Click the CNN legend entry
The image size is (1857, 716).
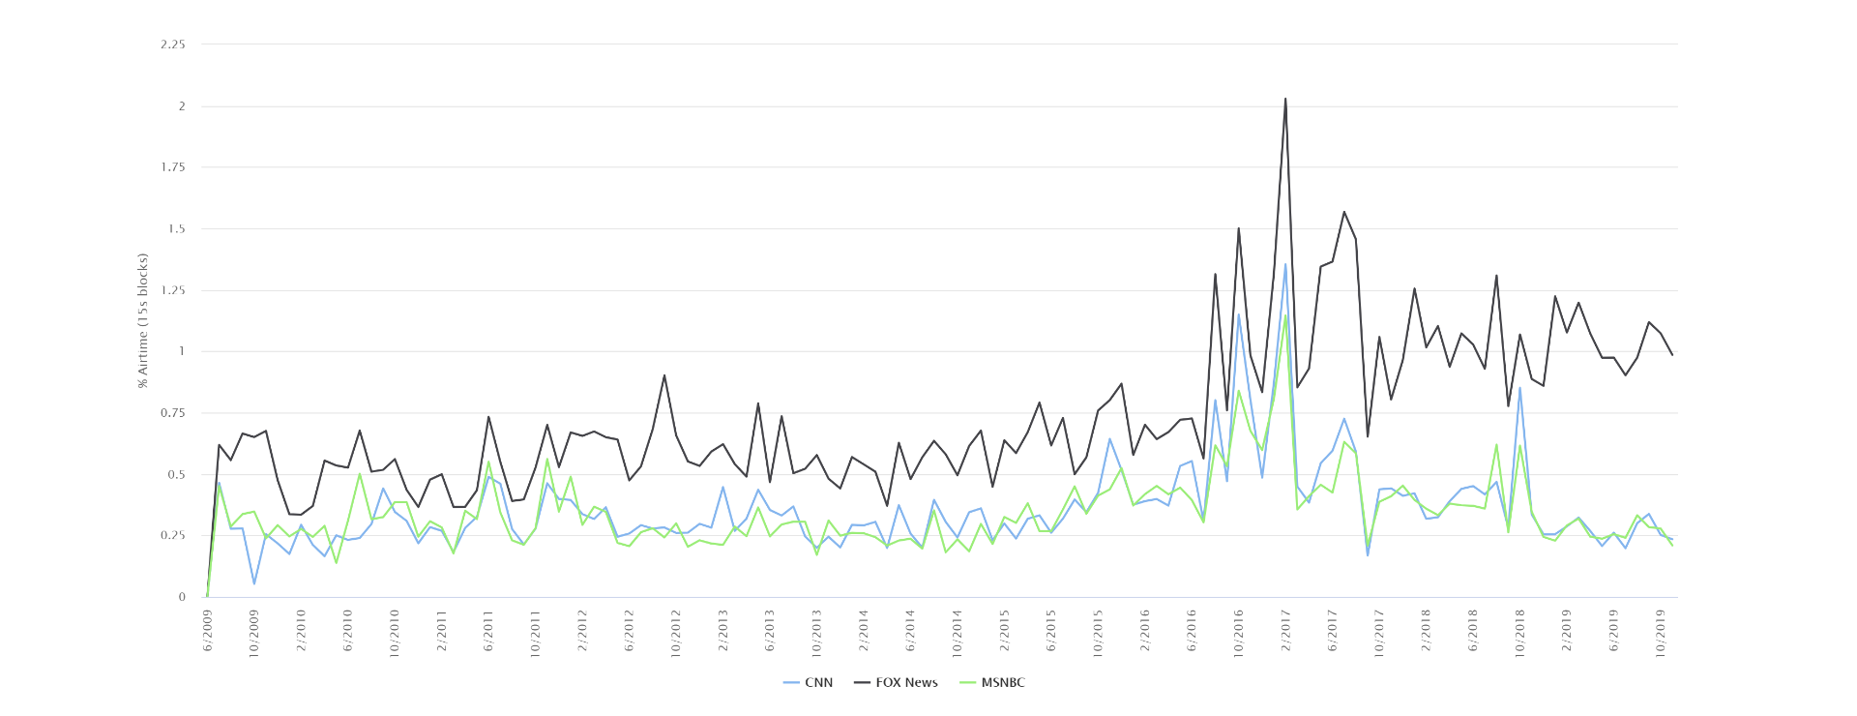pyautogui.click(x=808, y=683)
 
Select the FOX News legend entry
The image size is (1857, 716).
pyautogui.click(x=896, y=683)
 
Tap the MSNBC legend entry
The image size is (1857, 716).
pyautogui.click(x=991, y=683)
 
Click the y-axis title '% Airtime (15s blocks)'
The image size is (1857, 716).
pyautogui.click(x=143, y=320)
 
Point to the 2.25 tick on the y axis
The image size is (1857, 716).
pyautogui.click(x=173, y=45)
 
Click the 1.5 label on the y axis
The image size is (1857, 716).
pyautogui.click(x=176, y=229)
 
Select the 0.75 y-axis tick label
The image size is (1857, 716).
pyautogui.click(x=173, y=413)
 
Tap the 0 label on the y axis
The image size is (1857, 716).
pyautogui.click(x=182, y=597)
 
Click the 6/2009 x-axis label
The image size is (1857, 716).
pyautogui.click(x=208, y=630)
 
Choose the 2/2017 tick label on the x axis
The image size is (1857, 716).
pyautogui.click(x=1285, y=630)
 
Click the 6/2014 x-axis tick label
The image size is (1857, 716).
pyautogui.click(x=910, y=630)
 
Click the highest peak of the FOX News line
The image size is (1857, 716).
pyautogui.click(x=1285, y=98)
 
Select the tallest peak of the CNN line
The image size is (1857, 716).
pyautogui.click(x=1285, y=264)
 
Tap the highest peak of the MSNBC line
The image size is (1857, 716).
pyautogui.click(x=1285, y=314)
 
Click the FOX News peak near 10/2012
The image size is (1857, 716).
pyautogui.click(x=664, y=375)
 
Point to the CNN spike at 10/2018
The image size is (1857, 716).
pyautogui.click(x=1519, y=388)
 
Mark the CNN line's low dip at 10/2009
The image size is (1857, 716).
pyautogui.click(x=254, y=583)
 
